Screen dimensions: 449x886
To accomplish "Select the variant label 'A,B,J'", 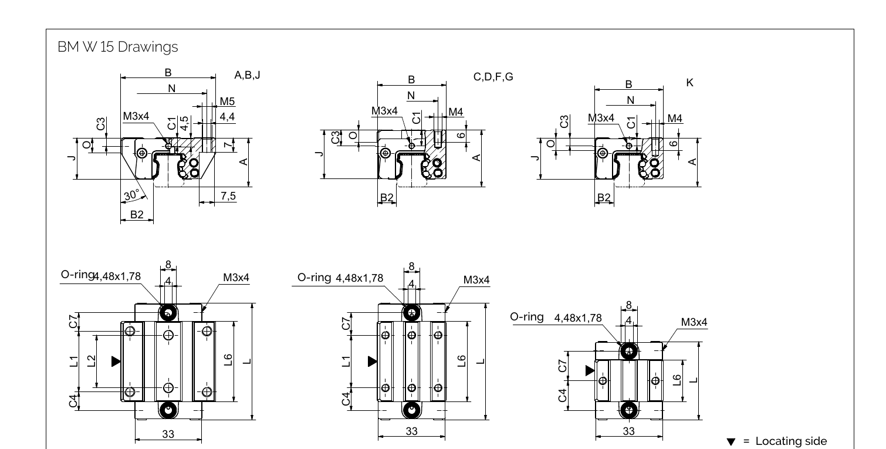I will coord(247,75).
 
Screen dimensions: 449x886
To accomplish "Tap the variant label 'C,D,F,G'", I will coord(493,77).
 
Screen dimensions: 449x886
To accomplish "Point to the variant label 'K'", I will coord(689,83).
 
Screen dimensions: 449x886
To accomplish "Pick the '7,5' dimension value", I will coord(228,196).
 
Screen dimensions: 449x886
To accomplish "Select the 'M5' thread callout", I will coord(227,102).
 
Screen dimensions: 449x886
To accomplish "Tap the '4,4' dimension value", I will coord(227,117).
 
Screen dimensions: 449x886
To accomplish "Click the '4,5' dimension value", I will coord(184,125).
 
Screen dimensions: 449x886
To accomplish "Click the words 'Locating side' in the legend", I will coord(792,441).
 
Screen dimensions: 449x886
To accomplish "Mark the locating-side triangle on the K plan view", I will coord(590,370).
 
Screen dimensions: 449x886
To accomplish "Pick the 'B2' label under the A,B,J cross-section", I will coord(136,215).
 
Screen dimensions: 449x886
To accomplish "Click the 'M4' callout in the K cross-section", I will coord(675,119).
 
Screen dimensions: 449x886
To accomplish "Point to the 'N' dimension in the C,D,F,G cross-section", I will coord(411,95).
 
